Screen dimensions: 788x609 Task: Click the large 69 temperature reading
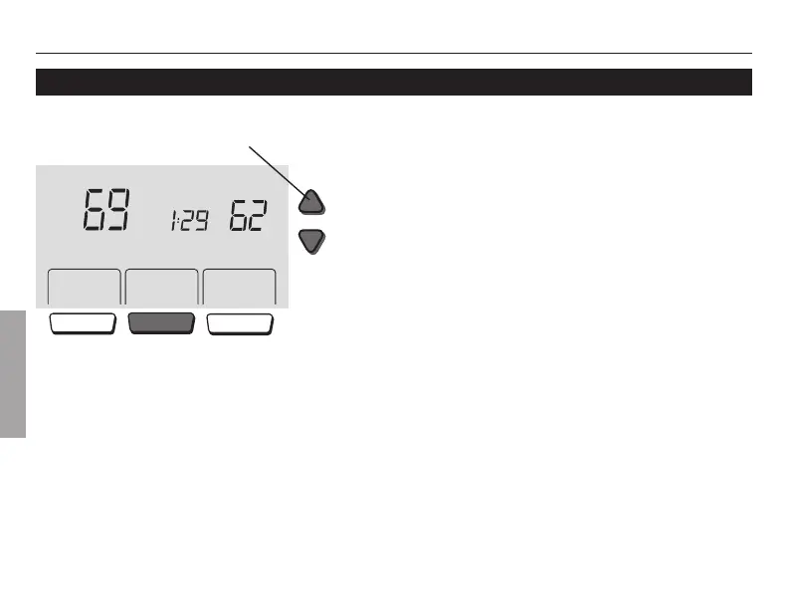pyautogui.click(x=105, y=209)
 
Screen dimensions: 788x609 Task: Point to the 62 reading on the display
pyautogui.click(x=247, y=215)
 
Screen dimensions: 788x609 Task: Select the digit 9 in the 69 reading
pyautogui.click(x=118, y=209)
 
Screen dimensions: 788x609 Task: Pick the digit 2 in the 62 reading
pyautogui.click(x=257, y=215)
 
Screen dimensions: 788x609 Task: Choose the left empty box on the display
pyautogui.click(x=84, y=288)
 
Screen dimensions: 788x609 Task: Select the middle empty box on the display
pyautogui.click(x=161, y=288)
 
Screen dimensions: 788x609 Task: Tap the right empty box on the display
pyautogui.click(x=239, y=288)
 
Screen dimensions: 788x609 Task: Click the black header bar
pyautogui.click(x=393, y=82)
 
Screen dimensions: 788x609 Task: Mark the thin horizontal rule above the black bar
pyautogui.click(x=393, y=53)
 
